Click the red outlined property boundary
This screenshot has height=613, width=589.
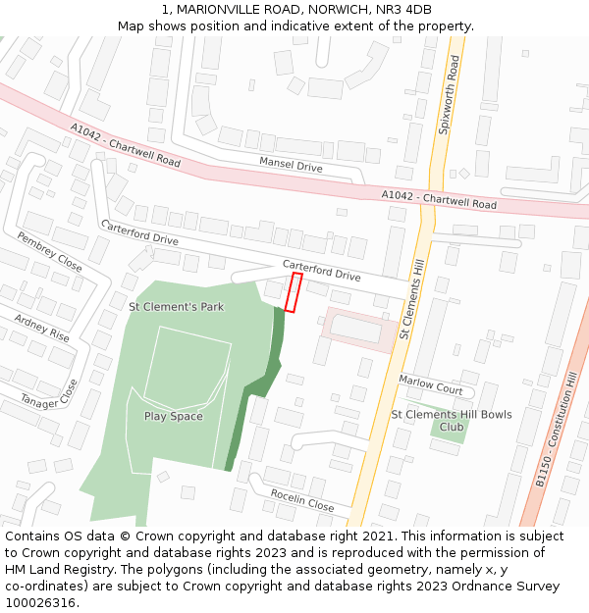coord(293,292)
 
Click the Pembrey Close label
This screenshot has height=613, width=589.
coord(50,252)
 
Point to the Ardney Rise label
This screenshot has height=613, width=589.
coord(41,328)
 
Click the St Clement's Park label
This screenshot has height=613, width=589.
coord(177,307)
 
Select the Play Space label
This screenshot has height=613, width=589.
coord(174,416)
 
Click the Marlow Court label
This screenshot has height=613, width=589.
coord(431,383)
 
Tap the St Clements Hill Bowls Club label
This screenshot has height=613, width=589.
coord(452,421)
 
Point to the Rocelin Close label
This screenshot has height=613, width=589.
coord(302,500)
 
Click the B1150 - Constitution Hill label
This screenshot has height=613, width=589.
coord(558,430)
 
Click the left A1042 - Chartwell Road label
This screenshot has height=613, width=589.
coord(126,144)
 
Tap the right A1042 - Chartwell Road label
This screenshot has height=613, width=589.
coord(440,200)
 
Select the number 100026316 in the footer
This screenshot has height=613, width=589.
coord(39,603)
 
